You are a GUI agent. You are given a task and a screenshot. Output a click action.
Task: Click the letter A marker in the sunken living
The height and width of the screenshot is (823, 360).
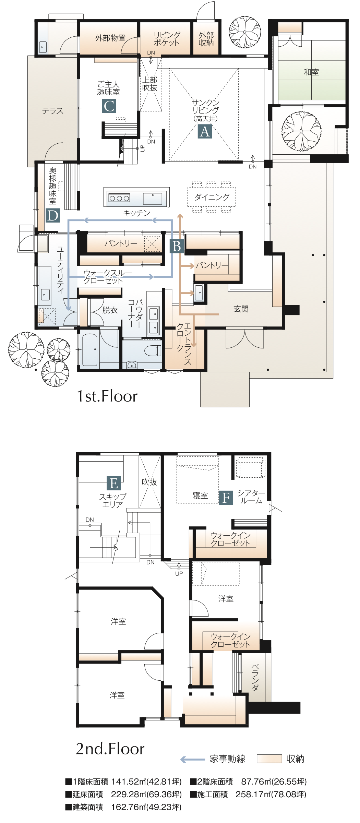205,131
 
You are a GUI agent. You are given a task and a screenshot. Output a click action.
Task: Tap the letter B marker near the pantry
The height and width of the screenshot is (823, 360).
177,246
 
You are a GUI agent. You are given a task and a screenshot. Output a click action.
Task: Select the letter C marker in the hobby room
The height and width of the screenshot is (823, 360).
109,106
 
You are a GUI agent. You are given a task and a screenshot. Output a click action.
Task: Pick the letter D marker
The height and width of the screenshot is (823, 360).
53,215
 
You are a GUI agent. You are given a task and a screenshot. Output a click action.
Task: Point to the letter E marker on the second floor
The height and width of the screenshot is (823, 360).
114,483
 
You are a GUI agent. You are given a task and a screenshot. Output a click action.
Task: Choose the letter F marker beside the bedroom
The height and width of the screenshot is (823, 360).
226,498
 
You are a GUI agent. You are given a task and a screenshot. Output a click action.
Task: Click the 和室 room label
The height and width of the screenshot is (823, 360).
311,72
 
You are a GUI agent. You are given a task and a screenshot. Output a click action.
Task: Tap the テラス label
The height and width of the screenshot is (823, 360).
52,111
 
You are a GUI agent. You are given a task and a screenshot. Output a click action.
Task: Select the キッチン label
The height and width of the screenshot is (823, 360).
137,213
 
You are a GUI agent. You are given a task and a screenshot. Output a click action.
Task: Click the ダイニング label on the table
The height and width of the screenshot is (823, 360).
212,197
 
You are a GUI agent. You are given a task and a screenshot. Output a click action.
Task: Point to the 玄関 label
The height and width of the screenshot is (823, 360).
241,309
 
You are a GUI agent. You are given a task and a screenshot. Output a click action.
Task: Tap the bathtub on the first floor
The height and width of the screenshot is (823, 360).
90,349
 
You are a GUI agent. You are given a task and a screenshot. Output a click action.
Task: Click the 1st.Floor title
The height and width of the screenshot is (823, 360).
107,396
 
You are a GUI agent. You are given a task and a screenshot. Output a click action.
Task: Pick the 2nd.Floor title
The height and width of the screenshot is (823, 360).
110,749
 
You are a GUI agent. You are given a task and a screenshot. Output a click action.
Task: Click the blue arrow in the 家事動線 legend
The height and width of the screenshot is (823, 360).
193,759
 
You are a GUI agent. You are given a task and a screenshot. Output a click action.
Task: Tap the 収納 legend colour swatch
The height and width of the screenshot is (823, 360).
269,759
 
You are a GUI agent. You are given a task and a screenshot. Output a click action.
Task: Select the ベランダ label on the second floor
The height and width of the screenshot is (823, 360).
255,677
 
